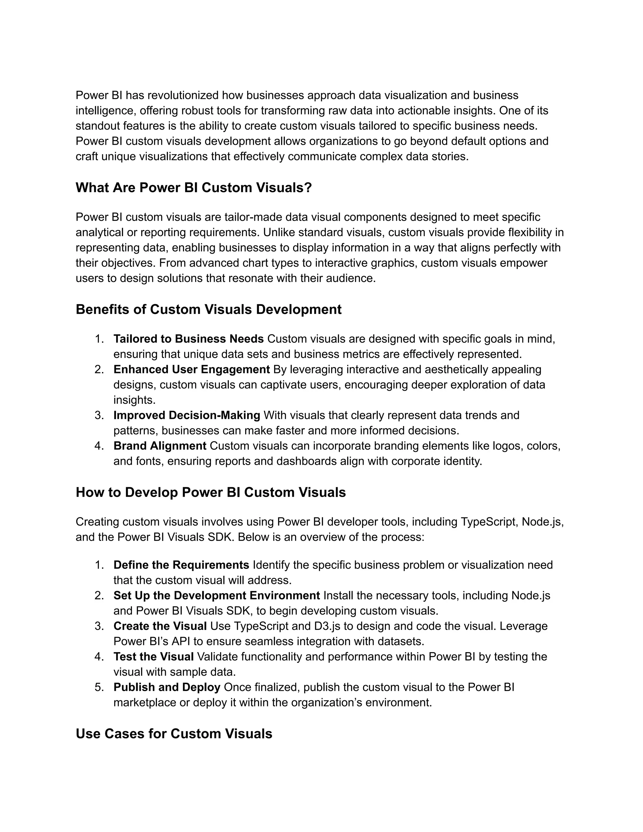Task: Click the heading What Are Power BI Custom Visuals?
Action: click(x=193, y=187)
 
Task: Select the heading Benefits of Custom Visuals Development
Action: click(x=208, y=309)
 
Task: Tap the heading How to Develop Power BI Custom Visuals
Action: click(x=211, y=492)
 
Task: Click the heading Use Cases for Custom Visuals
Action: click(x=174, y=734)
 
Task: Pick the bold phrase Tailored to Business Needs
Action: click(x=189, y=339)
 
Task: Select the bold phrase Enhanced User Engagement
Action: click(x=192, y=369)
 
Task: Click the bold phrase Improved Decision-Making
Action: click(x=187, y=415)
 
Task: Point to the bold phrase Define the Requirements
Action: click(x=181, y=565)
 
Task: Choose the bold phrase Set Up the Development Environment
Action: click(x=216, y=595)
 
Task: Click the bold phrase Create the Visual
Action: click(x=160, y=626)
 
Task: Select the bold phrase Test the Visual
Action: click(x=154, y=656)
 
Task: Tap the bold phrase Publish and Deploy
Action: click(x=167, y=687)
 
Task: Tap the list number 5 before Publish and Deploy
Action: click(x=99, y=687)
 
